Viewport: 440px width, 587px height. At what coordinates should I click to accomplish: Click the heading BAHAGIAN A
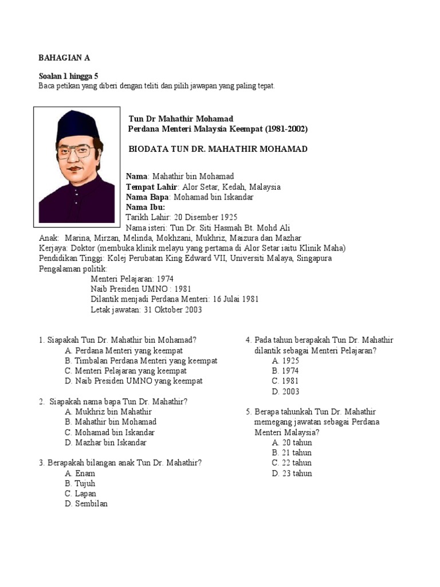pos(64,58)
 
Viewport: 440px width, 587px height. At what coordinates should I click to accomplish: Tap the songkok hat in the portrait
pos(78,124)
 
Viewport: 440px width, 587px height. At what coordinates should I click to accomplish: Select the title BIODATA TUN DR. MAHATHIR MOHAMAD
pos(218,149)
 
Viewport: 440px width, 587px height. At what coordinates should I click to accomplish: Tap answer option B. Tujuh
pos(80,483)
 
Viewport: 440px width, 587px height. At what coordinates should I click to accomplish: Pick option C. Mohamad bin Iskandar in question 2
pos(110,432)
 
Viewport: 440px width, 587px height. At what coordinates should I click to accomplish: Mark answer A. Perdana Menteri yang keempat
pos(124,350)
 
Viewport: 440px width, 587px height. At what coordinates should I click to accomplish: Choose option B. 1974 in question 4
pos(285,371)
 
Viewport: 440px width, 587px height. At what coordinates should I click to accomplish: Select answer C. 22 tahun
pos(292,463)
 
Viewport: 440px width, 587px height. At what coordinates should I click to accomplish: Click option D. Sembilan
pos(87,504)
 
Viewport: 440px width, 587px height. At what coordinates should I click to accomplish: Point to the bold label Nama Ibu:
pos(146,207)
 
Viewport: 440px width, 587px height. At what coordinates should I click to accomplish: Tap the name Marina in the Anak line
pos(76,238)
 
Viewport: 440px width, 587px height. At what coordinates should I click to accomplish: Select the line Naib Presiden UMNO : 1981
pos(141,289)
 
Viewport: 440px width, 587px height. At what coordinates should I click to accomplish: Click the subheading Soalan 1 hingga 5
pos(68,76)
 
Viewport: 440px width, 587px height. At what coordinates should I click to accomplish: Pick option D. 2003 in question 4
pos(285,392)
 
